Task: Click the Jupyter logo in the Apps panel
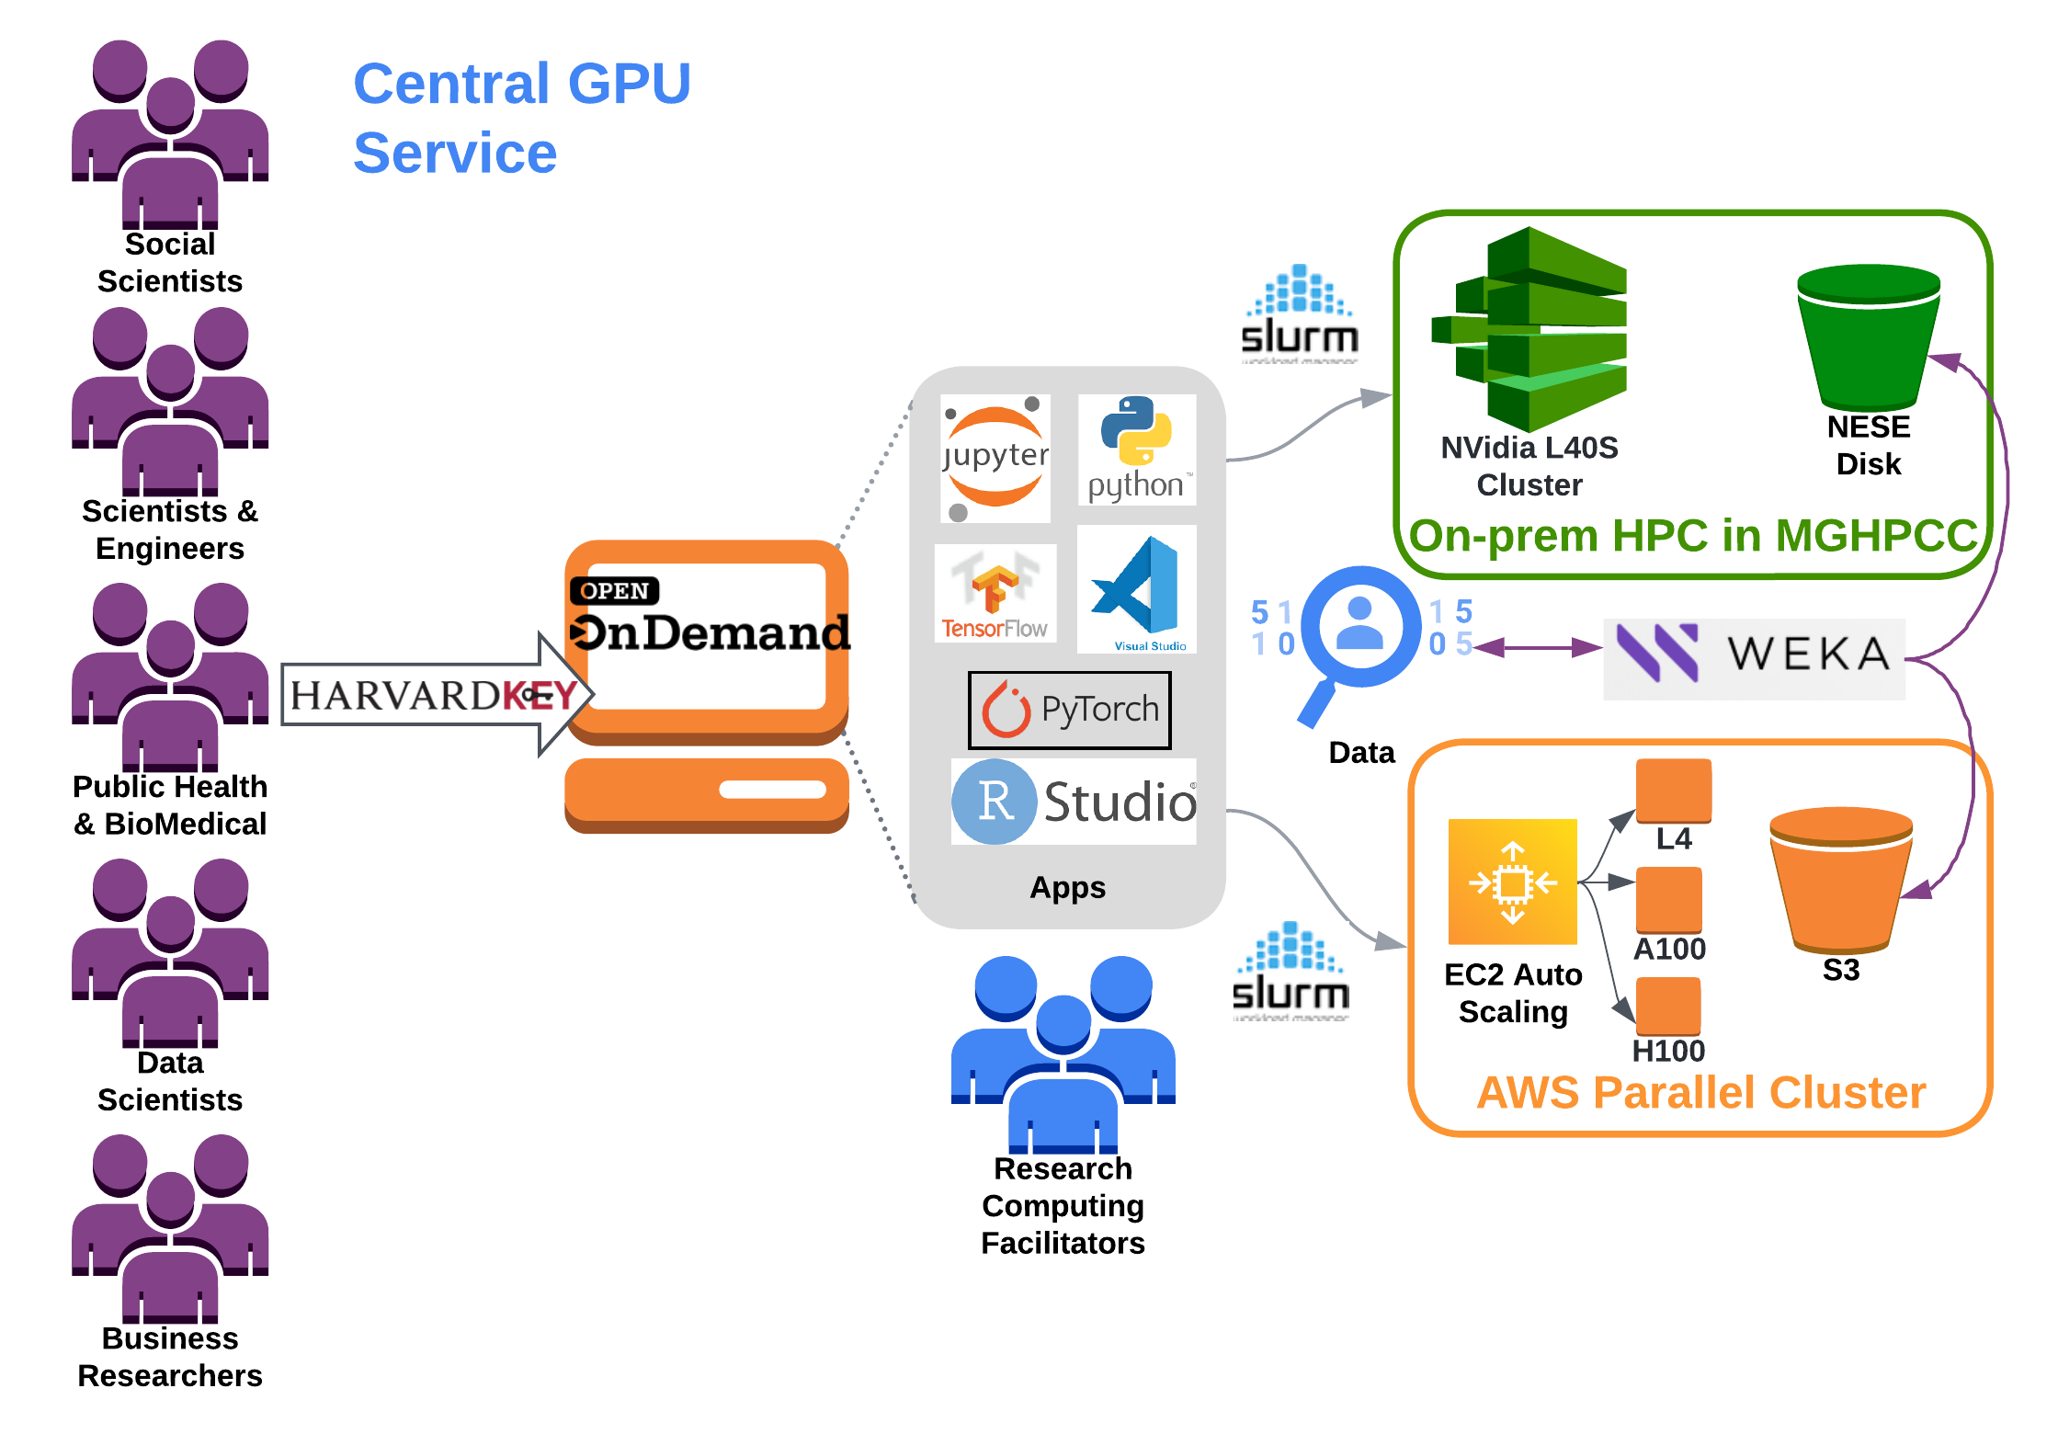click(x=995, y=458)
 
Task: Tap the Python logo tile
click(x=1137, y=450)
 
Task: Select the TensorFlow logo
click(x=995, y=593)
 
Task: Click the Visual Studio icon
click(x=1137, y=589)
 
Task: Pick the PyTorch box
click(x=1070, y=710)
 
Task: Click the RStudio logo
click(x=1074, y=802)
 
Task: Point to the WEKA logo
click(x=1754, y=654)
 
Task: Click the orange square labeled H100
click(x=1667, y=1006)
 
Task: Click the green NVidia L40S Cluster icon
click(x=1531, y=329)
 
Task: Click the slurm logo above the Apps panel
click(x=1299, y=313)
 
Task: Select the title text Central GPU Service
click(x=521, y=118)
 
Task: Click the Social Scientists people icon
click(x=170, y=133)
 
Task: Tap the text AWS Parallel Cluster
click(x=1700, y=1093)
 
